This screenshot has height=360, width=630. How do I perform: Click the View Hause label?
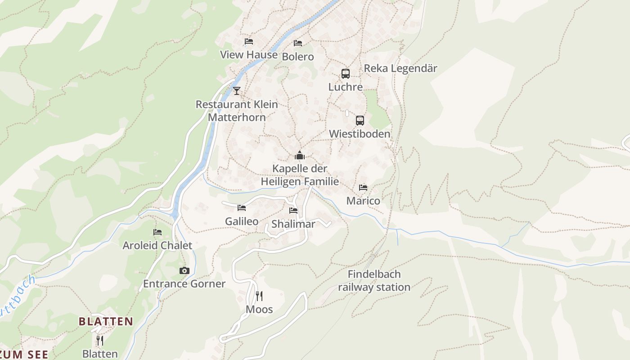coord(248,55)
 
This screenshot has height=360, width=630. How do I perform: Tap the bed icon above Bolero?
coord(298,43)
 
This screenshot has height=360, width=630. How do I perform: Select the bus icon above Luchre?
coord(345,74)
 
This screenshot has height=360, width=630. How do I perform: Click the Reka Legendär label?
coord(400,68)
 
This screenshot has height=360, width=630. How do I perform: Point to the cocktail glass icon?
coord(237,91)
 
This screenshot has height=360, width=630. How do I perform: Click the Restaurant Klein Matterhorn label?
coord(237,111)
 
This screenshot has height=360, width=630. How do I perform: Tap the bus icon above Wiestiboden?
coord(360,121)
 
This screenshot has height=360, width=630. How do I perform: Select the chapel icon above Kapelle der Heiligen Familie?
coord(300,156)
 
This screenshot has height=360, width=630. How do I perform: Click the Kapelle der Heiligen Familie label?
coord(300,175)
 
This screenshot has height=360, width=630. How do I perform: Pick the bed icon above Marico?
coord(363,188)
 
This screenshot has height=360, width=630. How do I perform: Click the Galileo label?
coord(242,221)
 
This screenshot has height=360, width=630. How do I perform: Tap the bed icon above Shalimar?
coord(293,211)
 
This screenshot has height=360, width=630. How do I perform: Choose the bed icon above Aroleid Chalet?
coord(157,232)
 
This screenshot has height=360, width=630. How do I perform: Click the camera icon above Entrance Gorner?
coord(184,270)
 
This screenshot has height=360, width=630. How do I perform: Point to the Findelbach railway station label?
coord(374,280)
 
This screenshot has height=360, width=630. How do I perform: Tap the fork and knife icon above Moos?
coord(259,296)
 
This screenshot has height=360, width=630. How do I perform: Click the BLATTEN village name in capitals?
coord(106,321)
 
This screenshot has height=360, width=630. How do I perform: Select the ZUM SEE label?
coord(24,354)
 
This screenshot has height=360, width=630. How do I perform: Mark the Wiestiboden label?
coord(360,134)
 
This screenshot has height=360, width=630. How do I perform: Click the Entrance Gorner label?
coord(184,283)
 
